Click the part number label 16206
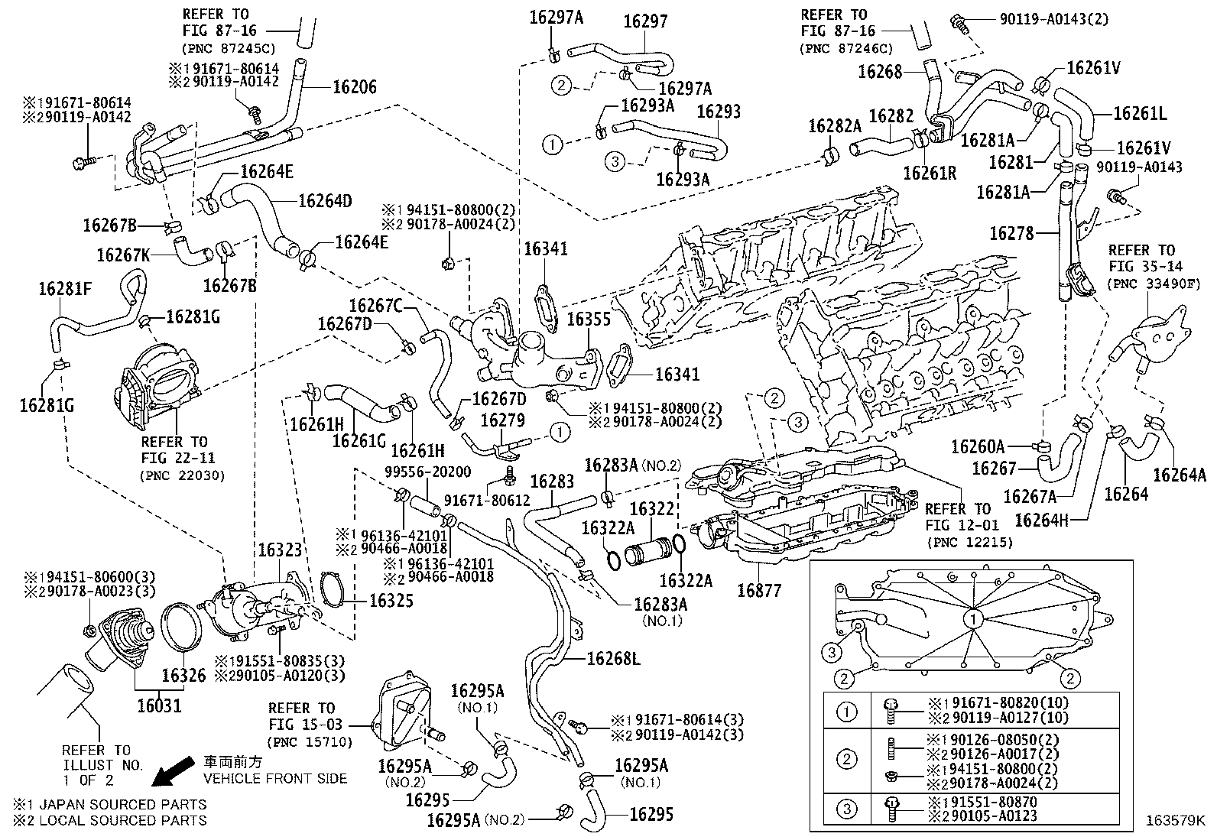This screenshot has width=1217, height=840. [x=354, y=87]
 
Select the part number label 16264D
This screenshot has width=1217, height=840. [x=325, y=201]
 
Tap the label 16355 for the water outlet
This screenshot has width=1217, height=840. [x=589, y=319]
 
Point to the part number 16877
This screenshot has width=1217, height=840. [x=759, y=590]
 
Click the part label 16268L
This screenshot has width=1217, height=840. [x=613, y=658]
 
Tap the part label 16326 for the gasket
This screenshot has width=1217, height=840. [x=183, y=676]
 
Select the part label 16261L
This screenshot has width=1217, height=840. [x=1140, y=114]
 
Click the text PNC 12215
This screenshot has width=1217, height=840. [x=972, y=542]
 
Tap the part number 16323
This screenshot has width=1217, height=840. [x=280, y=550]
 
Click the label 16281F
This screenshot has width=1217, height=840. [x=65, y=289]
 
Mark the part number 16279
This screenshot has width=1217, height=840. [x=502, y=421]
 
